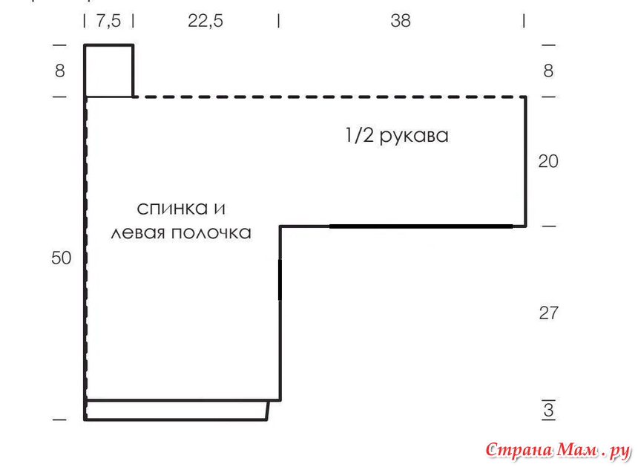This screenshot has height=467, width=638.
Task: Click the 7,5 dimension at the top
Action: [x=108, y=21]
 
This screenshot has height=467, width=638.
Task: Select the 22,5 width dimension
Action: [x=205, y=21]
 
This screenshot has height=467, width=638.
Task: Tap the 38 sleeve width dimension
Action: [x=401, y=21]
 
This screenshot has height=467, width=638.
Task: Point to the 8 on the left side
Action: [x=60, y=71]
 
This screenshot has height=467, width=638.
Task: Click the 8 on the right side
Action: [x=548, y=71]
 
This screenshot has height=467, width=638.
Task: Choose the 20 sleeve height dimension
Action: [x=548, y=161]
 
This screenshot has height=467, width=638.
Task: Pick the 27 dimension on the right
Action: [x=548, y=313]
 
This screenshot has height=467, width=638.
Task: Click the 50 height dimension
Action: [x=61, y=258]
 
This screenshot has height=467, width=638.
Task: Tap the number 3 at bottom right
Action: [x=548, y=410]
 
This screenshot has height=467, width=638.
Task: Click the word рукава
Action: [x=414, y=137]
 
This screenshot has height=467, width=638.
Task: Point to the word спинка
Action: [x=173, y=209]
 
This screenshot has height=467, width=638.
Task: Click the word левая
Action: [x=138, y=233]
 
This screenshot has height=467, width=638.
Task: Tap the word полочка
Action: [x=211, y=233]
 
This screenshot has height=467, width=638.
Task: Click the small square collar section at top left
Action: [x=108, y=71]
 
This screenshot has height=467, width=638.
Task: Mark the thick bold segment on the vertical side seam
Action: [x=280, y=280]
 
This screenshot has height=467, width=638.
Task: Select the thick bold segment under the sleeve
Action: [x=421, y=226]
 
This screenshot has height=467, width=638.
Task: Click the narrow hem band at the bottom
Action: [x=177, y=410]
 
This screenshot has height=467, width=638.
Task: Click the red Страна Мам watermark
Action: [x=558, y=451]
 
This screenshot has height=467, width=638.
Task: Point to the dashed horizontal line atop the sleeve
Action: [x=329, y=97]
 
